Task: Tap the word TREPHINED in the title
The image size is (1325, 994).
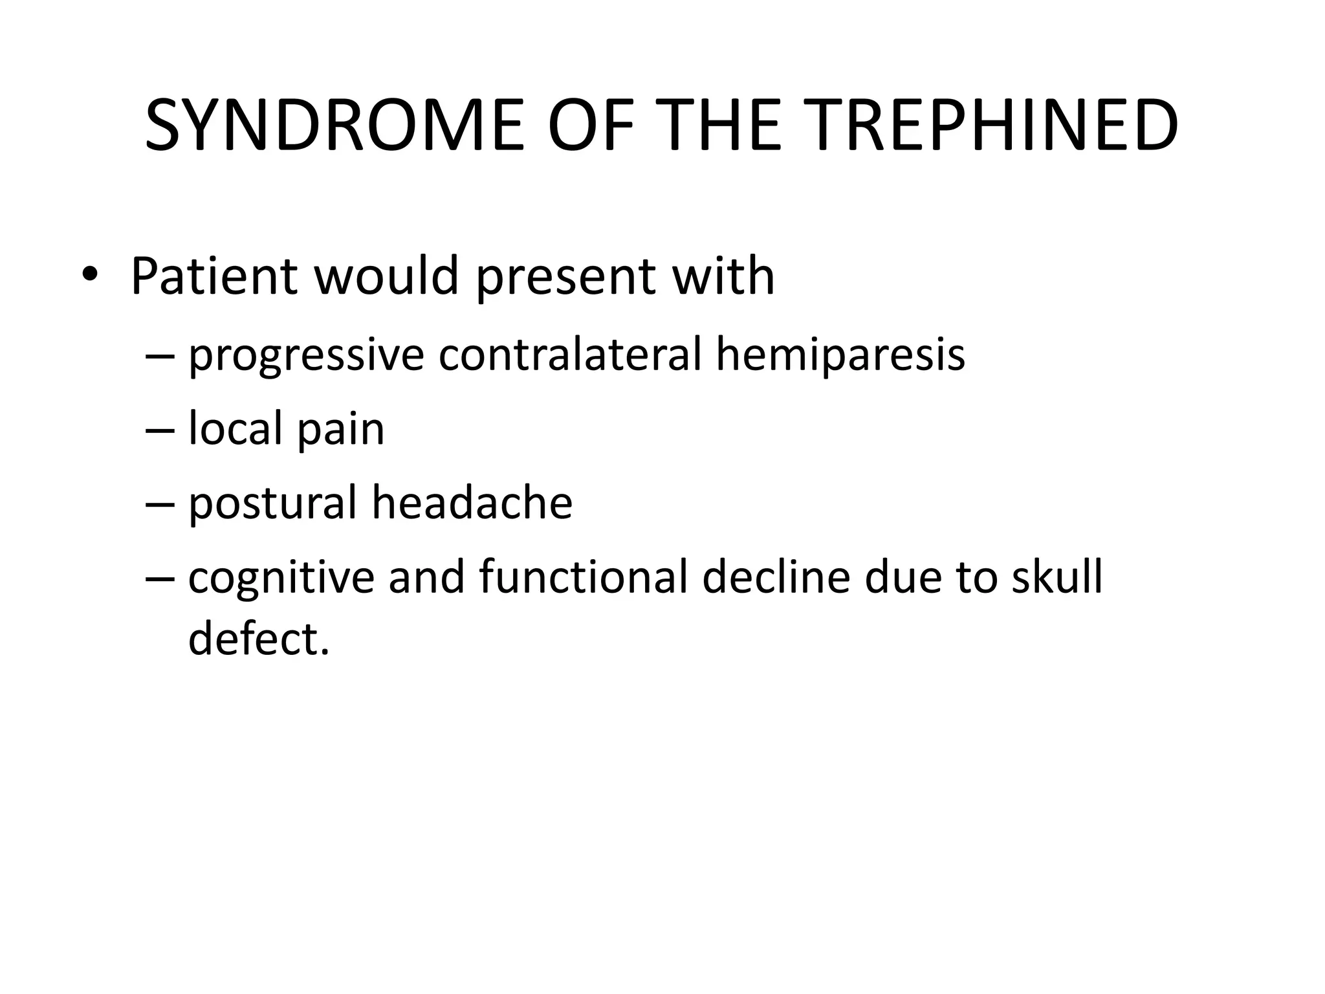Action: pos(994,126)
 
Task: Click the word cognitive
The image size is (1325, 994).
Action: pos(281,578)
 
